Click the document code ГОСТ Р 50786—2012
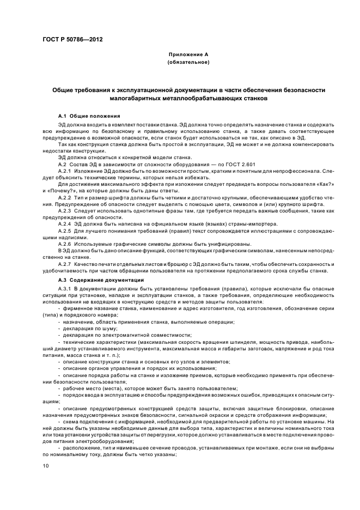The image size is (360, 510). [72, 39]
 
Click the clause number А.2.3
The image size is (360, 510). [65, 211]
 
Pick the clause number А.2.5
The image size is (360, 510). [65, 231]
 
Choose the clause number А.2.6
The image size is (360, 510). [65, 244]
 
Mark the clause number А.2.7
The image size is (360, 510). [65, 264]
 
